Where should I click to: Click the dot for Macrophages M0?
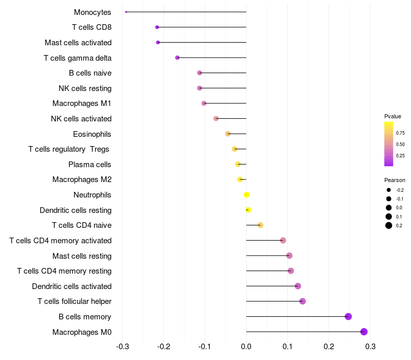[x=364, y=332]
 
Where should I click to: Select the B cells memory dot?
[x=348, y=316]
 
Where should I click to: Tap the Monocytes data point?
[x=126, y=12]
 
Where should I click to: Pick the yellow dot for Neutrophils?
[x=247, y=195]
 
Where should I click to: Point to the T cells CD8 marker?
[x=157, y=27]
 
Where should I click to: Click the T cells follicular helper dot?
[x=303, y=301]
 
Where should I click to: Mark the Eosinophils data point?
[x=228, y=134]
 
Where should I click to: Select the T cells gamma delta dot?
[x=177, y=58]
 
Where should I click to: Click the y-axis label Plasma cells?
[x=90, y=165]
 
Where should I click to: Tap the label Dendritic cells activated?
[x=71, y=286]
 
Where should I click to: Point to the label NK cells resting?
[x=85, y=88]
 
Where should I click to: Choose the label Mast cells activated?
[x=78, y=43]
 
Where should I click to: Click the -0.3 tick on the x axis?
[x=122, y=346]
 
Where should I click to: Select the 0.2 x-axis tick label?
[x=329, y=346]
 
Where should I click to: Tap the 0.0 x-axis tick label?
[x=246, y=346]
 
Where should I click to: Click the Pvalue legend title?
[x=393, y=116]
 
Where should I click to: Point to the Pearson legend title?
[x=395, y=181]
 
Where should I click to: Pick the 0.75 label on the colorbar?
[x=400, y=133]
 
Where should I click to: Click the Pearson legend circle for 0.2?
[x=389, y=225]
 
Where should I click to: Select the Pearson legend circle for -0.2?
[x=389, y=190]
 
